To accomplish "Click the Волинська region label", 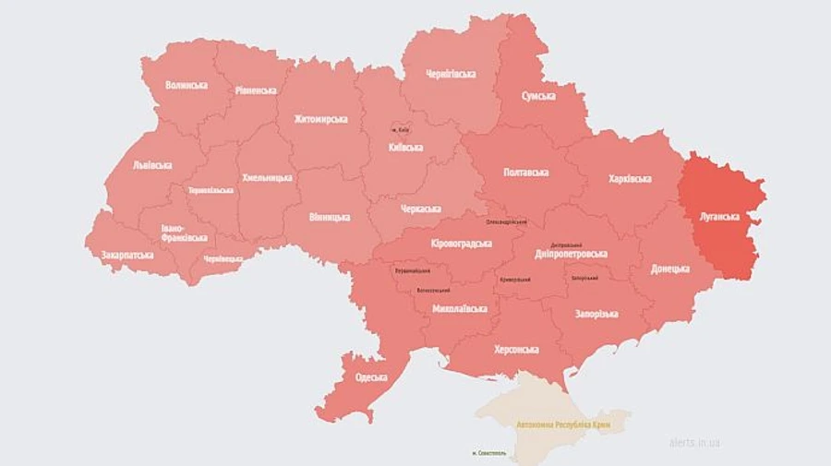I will click(x=186, y=85).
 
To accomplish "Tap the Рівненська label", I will click(x=256, y=90).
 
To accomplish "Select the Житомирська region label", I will click(x=320, y=119).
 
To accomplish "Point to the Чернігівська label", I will click(x=451, y=74).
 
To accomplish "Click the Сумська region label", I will click(x=537, y=96).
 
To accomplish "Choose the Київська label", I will click(x=405, y=147).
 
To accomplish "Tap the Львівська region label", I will click(x=152, y=165).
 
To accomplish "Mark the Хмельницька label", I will click(x=267, y=177).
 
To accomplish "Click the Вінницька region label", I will click(x=329, y=217).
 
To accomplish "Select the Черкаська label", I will click(x=420, y=209).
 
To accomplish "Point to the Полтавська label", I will click(x=526, y=173).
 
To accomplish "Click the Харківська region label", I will click(x=630, y=178).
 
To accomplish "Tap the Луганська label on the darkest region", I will click(x=717, y=217).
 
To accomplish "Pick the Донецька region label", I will click(x=669, y=269).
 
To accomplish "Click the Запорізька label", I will click(x=596, y=315).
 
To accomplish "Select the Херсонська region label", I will click(x=516, y=349).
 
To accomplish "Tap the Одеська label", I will click(x=370, y=377).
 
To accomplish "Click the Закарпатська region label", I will click(x=127, y=255).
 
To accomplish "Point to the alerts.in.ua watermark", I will click(x=694, y=443).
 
